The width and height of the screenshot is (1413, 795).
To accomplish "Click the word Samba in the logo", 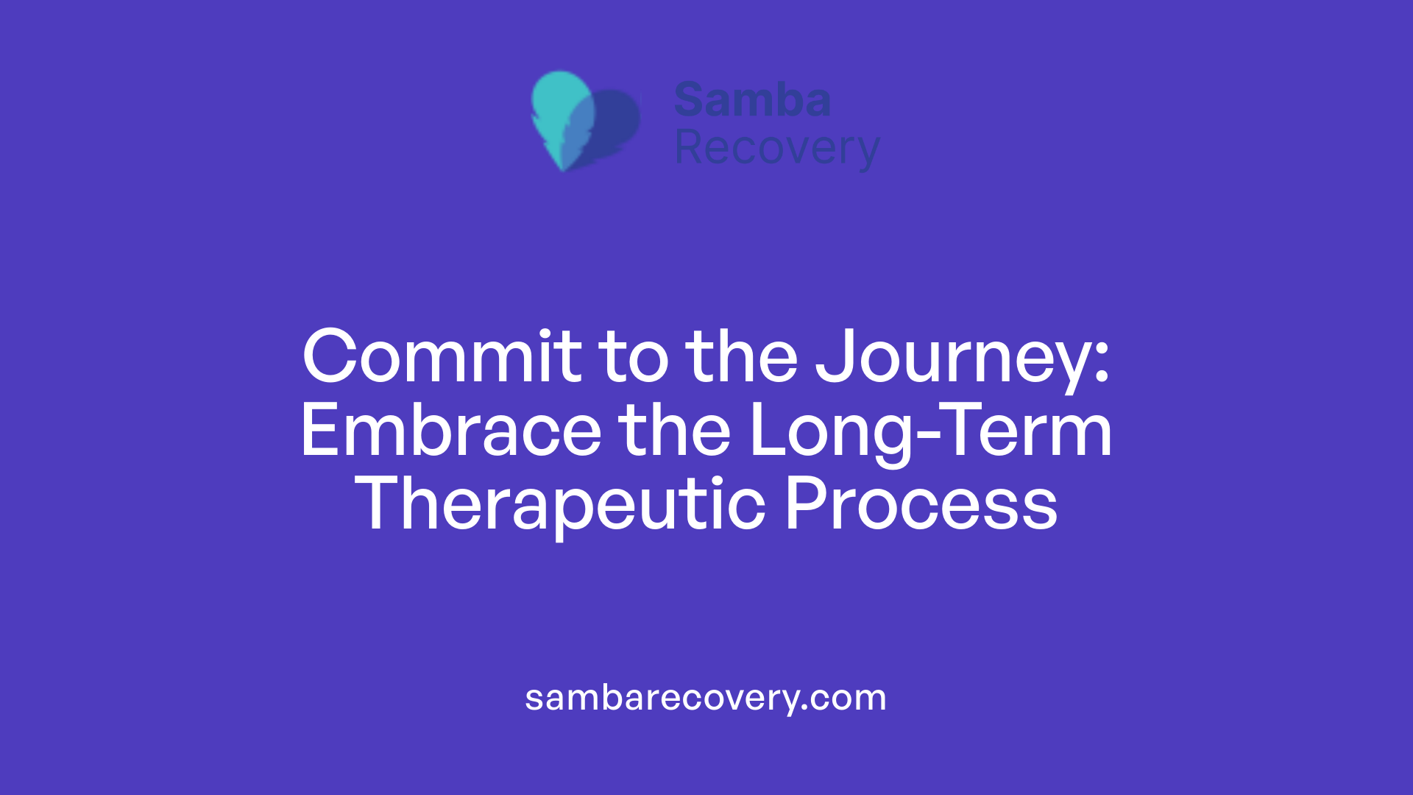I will pyautogui.click(x=752, y=100).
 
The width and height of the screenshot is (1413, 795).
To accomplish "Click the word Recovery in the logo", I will pyautogui.click(x=776, y=149).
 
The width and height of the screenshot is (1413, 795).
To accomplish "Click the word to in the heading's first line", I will pyautogui.click(x=634, y=357).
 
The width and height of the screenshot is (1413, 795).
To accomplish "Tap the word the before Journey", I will pyautogui.click(x=741, y=357).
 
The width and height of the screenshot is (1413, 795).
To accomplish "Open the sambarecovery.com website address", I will pyautogui.click(x=706, y=698).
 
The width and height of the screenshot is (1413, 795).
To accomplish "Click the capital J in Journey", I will pyautogui.click(x=836, y=357).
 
